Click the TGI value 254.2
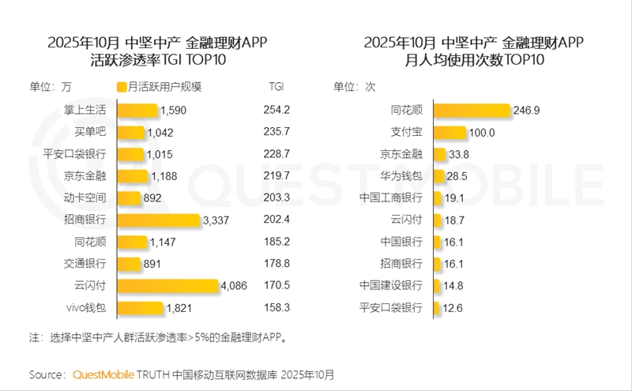276,111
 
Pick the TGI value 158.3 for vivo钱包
276,307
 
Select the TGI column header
276,87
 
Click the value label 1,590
172,111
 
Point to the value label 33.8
459,154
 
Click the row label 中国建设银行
390,285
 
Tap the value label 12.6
453,307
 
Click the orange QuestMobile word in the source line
103,374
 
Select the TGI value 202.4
276,220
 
